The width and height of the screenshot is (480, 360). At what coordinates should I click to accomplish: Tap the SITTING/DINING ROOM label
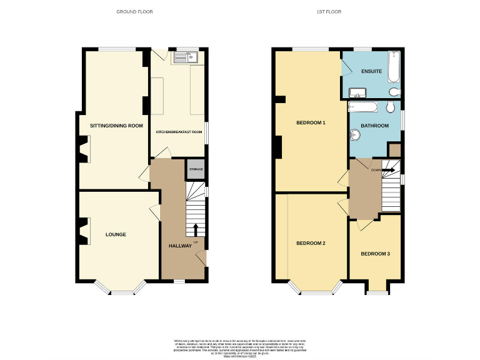116,126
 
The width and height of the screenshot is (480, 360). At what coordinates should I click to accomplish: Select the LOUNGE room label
116,235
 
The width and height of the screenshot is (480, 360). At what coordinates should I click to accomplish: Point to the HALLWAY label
180,246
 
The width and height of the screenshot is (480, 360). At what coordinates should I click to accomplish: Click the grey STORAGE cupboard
196,169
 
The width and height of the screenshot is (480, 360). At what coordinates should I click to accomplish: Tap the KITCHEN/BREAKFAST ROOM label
179,132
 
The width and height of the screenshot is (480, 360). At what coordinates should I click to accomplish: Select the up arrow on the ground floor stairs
195,228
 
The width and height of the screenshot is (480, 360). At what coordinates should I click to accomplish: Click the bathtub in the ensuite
393,67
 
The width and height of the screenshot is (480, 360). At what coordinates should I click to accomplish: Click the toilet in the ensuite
394,92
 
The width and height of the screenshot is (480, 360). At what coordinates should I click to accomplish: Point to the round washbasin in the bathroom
356,134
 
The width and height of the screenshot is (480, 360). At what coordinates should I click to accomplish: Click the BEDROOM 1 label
311,123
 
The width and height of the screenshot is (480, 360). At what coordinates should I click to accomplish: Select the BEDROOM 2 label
311,243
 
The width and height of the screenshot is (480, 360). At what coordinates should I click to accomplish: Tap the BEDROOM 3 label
375,254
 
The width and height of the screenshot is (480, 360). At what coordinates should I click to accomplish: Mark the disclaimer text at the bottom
239,346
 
